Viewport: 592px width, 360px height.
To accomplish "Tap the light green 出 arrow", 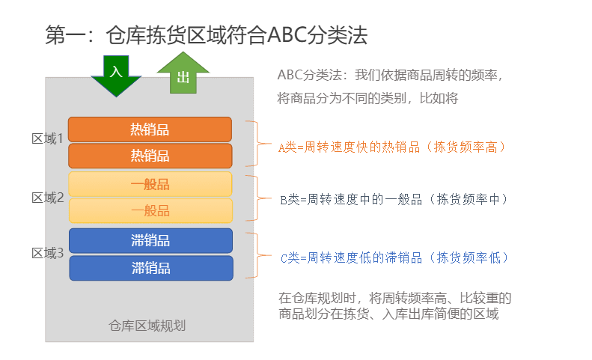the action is coord(183,73).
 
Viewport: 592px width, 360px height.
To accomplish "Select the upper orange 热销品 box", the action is coord(150,129).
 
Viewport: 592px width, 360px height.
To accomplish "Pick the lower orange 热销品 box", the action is coord(150,156).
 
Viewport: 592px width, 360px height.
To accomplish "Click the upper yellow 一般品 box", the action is coord(150,184).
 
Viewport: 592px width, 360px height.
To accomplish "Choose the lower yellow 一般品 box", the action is coord(150,210).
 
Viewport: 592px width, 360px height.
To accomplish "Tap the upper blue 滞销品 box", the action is coord(150,241).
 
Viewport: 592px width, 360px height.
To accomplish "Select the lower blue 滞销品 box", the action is coord(151,268).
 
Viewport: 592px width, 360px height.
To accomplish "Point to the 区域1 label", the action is coord(48,138).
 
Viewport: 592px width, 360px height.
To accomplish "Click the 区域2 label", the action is coord(48,198).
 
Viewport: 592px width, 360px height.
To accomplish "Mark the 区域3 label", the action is coord(48,253).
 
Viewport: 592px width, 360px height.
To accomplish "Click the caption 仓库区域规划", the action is coord(147,326).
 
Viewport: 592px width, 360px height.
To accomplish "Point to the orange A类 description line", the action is coord(391,147).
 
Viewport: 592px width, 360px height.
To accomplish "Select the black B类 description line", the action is coord(394,199).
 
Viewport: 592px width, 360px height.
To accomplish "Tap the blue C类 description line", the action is coord(394,258).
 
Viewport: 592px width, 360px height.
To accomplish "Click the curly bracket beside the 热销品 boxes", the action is coord(257,144).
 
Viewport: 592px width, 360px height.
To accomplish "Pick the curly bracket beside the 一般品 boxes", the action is coord(257,198).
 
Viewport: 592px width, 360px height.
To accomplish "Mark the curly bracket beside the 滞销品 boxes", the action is coord(257,256).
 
